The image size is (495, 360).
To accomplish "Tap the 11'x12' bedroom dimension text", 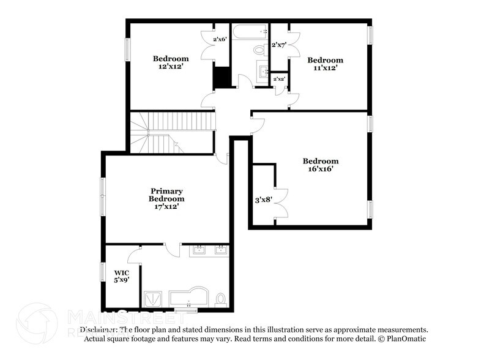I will coord(325,69).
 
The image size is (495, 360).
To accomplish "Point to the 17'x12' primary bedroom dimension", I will coord(166,207).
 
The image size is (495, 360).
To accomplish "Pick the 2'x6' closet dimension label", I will coord(220,40).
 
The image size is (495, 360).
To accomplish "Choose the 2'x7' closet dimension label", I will coord(279,45).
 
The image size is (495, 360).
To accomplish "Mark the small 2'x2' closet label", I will coord(279,79).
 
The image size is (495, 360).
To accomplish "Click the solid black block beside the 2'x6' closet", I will coord(220,77).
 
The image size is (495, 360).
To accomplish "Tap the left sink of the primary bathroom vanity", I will coord(199,250).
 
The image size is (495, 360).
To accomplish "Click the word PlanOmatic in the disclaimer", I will coord(406,339).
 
